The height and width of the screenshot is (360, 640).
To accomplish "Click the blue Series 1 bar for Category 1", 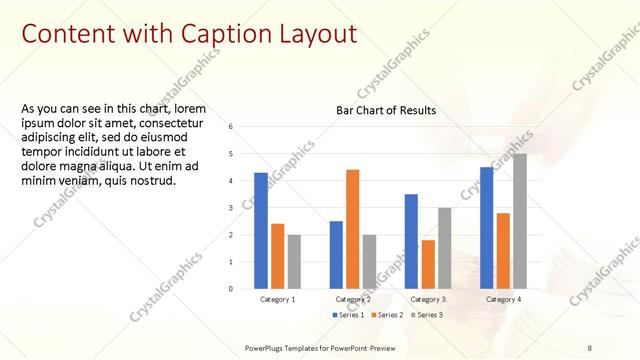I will (x=261, y=231).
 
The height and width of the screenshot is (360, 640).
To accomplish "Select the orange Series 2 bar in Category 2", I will (x=353, y=229).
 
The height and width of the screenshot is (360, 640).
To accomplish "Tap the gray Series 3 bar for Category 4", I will (x=519, y=221).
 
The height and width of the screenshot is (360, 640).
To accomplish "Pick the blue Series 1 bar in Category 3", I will (x=411, y=241).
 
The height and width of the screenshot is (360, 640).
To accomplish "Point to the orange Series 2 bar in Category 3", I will (x=428, y=264).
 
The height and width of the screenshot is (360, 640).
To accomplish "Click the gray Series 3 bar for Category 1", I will (x=294, y=262).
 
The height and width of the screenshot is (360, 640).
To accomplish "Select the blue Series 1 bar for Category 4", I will (x=486, y=228).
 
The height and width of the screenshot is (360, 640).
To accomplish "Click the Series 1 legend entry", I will (x=350, y=315).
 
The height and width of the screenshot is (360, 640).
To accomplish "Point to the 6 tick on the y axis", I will (x=231, y=127).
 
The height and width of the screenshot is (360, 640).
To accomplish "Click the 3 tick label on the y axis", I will (x=231, y=208).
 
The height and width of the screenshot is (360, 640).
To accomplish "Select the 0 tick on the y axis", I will (x=231, y=289).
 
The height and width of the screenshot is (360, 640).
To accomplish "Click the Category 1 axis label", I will (x=277, y=299).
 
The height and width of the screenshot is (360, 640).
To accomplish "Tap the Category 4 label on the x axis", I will (x=502, y=299).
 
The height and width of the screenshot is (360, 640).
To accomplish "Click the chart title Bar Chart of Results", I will (x=385, y=109).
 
